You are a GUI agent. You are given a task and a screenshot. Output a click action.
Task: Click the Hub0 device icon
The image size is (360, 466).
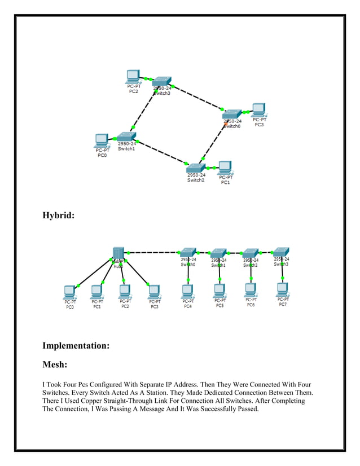coord(118,253)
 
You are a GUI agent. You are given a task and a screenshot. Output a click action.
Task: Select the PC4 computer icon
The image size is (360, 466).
coord(188,291)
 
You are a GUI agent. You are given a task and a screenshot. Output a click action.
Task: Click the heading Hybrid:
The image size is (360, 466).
coord(59,215)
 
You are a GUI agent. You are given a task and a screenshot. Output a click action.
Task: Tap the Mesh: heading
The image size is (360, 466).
coord(58,365)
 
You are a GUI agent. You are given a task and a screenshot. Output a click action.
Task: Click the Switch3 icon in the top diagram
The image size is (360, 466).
coord(162,81)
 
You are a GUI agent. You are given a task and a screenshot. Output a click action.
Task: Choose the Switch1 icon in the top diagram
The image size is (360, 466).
coord(126,136)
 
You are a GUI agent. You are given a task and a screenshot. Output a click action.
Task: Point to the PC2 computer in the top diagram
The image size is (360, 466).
coord(133,76)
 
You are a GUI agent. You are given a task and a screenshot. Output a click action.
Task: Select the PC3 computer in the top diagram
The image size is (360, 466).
coord(258,109)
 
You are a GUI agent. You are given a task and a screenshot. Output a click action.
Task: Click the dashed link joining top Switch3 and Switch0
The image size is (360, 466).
coord(197,98)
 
